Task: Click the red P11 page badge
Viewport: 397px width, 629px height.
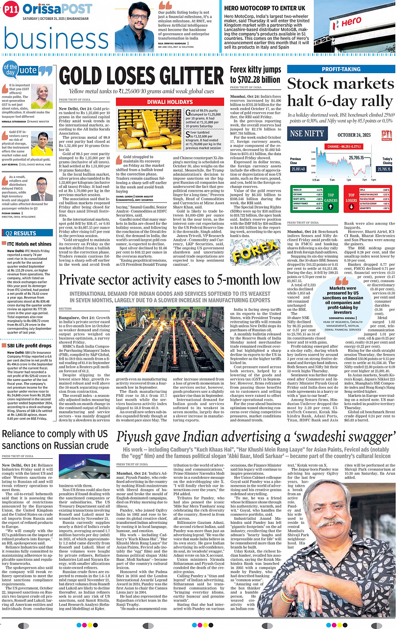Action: point(11,9)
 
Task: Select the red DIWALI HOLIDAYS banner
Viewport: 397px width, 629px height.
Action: point(170,102)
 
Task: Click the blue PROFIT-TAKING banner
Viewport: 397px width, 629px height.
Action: point(341,69)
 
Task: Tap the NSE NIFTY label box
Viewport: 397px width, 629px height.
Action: point(307,134)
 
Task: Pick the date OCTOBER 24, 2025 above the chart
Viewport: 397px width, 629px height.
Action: point(354,135)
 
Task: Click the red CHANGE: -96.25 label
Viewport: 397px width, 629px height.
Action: point(344,147)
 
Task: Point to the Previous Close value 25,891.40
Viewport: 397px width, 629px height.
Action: point(298,169)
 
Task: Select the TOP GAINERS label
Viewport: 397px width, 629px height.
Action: point(331,198)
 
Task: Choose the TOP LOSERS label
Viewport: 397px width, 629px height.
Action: point(351,198)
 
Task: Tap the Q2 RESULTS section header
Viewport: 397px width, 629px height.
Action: point(21,233)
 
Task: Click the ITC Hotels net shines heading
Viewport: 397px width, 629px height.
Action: point(29,244)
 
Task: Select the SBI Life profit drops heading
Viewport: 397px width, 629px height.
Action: point(29,346)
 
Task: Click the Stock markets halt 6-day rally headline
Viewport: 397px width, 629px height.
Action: point(340,92)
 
